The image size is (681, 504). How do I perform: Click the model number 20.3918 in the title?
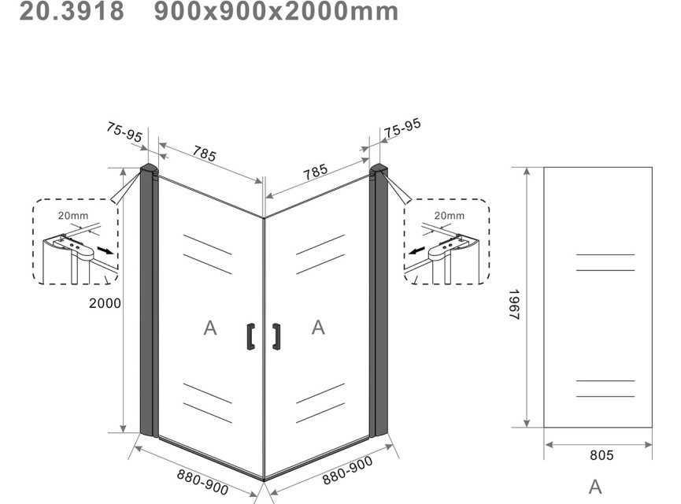pyautogui.click(x=72, y=10)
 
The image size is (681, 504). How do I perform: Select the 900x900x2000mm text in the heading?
pyautogui.click(x=276, y=10)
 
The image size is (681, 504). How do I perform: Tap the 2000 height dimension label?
pyautogui.click(x=105, y=303)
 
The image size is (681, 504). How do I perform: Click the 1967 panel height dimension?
pyautogui.click(x=514, y=305)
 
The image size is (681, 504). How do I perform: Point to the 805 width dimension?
pyautogui.click(x=601, y=455)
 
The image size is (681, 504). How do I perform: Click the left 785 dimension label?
pyautogui.click(x=204, y=154)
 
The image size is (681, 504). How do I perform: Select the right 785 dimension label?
pyautogui.click(x=316, y=171)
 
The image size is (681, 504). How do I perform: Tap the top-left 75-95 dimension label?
pyautogui.click(x=124, y=132)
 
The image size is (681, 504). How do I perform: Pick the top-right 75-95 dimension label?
pyautogui.click(x=402, y=128)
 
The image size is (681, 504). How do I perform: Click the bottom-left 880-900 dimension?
pyautogui.click(x=202, y=482)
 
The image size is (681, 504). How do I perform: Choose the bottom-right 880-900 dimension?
pyautogui.click(x=347, y=470)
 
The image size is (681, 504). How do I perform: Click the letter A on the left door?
pyautogui.click(x=210, y=328)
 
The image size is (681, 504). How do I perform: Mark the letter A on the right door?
pyautogui.click(x=318, y=327)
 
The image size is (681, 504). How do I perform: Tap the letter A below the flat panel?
pyautogui.click(x=595, y=487)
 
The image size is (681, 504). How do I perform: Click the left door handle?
pyautogui.click(x=250, y=336)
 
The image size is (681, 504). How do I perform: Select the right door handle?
pyautogui.click(x=276, y=336)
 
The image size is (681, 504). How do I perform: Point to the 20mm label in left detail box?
pyautogui.click(x=73, y=216)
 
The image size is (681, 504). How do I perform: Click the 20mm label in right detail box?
pyautogui.click(x=449, y=216)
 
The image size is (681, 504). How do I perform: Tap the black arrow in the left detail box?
pyautogui.click(x=105, y=250)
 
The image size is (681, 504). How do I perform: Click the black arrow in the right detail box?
pyautogui.click(x=417, y=250)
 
